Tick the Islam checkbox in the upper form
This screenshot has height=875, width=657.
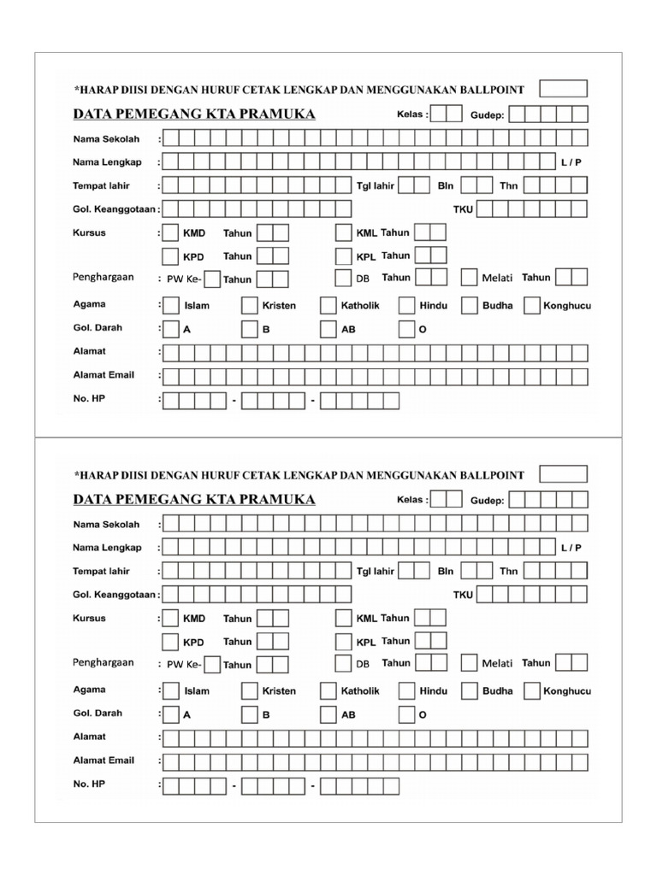[x=171, y=305]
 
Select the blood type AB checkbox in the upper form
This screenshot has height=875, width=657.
[x=328, y=329]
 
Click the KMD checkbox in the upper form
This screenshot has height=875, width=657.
[x=171, y=232]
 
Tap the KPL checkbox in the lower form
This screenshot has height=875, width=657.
[x=344, y=641]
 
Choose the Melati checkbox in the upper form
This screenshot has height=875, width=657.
[x=469, y=278]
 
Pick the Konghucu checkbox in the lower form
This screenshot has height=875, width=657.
[x=531, y=690]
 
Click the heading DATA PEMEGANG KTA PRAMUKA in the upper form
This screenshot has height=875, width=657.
[x=194, y=115]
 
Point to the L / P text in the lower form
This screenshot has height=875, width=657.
[x=571, y=548]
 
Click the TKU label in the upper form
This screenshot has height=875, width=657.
[x=463, y=208]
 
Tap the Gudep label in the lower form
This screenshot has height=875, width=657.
[x=488, y=501]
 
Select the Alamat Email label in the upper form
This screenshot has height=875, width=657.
[x=104, y=375]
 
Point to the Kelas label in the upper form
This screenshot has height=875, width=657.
[x=411, y=115]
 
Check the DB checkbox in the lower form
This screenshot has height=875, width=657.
[x=344, y=663]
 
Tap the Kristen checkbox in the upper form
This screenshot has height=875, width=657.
[x=250, y=305]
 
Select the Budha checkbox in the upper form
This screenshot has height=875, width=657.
[x=469, y=305]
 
